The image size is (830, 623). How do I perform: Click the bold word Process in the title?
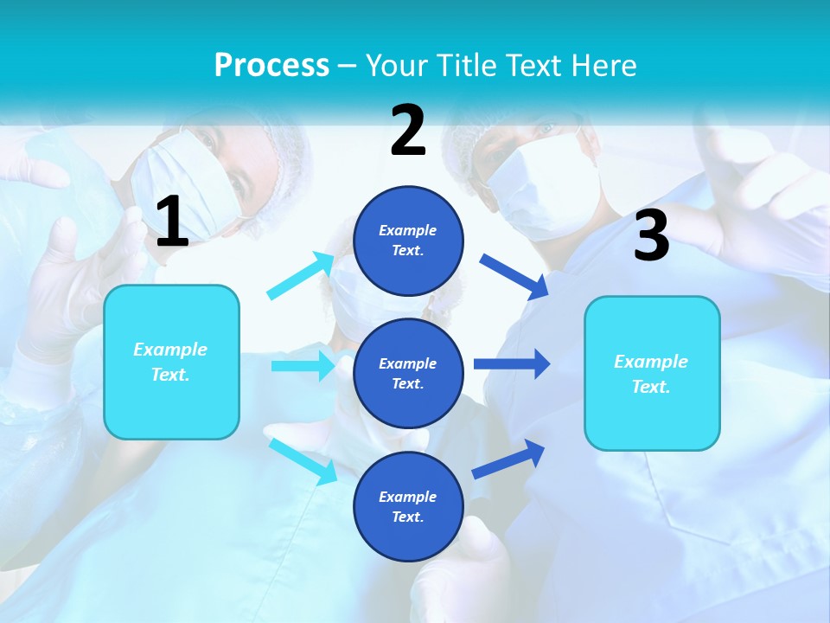click(x=271, y=65)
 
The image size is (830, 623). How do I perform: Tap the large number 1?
click(x=172, y=222)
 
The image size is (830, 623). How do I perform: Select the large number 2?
click(x=408, y=131)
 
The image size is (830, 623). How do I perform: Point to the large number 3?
click(x=651, y=236)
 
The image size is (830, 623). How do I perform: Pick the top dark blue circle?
click(x=408, y=241)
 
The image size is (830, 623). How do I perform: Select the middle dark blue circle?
click(x=408, y=373)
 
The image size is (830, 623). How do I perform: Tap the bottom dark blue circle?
click(x=408, y=506)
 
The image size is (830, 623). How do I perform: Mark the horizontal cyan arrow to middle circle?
click(x=303, y=366)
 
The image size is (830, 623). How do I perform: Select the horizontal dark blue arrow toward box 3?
click(x=511, y=363)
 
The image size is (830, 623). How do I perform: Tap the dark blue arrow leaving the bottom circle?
click(x=508, y=459)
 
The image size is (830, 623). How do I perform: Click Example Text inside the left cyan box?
click(x=170, y=362)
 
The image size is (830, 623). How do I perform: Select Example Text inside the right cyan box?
click(x=651, y=374)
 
